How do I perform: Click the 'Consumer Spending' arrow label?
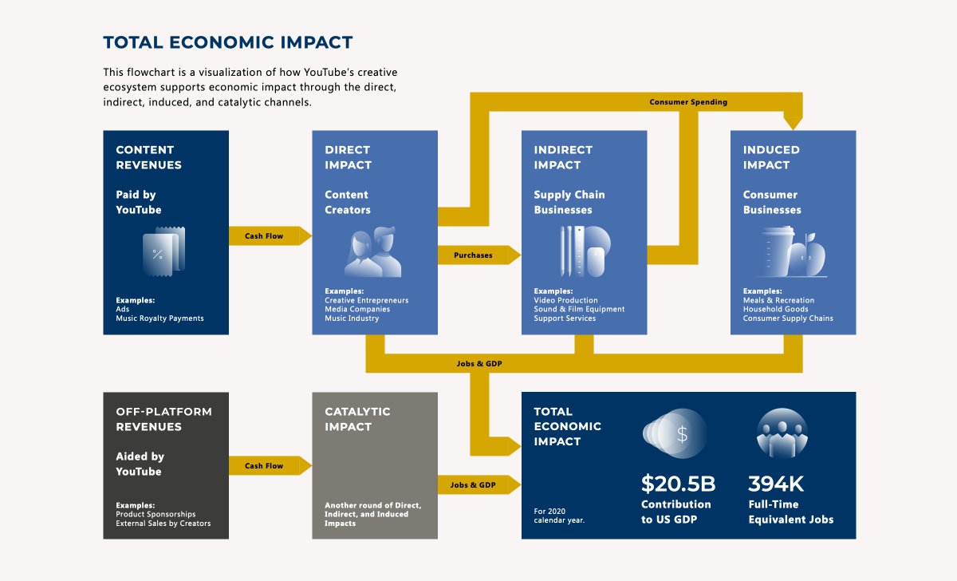pos(688,101)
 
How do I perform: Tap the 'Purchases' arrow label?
pos(473,255)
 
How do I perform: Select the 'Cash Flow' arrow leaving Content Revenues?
pos(270,235)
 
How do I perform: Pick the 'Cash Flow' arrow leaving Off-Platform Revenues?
pos(270,465)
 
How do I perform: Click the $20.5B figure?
pos(678,484)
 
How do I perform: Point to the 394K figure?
pos(776,484)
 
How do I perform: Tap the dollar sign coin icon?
pos(675,433)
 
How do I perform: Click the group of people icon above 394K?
pos(782,433)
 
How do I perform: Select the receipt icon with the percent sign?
pos(163,252)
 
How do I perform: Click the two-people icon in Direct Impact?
pos(373,252)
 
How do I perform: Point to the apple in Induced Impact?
pos(807,255)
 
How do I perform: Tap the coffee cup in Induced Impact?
pos(777,252)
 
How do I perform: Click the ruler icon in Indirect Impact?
pos(579,251)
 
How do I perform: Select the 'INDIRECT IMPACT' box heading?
pos(563,157)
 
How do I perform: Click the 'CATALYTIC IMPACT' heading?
pos(357,419)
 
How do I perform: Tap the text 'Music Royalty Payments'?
pos(159,318)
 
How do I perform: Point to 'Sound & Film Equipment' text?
pos(579,309)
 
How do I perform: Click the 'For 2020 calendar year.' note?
pos(559,516)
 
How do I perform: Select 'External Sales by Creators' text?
pos(163,524)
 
